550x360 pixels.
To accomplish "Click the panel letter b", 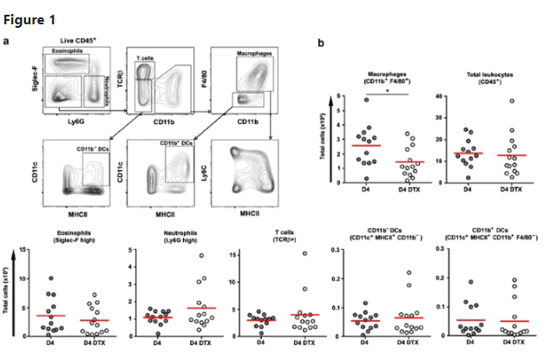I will [x=323, y=43].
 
